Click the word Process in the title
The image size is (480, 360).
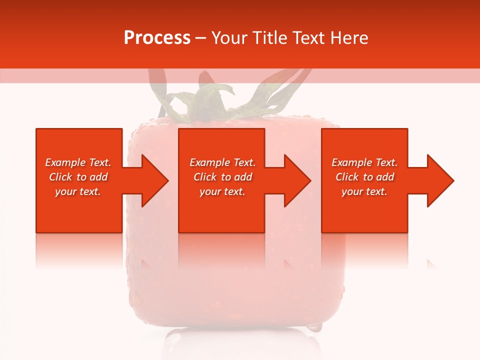(157, 38)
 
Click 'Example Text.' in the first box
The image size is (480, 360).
(78, 162)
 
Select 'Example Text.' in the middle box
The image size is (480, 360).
(222, 162)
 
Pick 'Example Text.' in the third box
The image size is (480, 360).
(364, 162)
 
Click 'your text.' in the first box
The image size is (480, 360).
(78, 191)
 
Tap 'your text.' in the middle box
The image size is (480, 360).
(222, 191)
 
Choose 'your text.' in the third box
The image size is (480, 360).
(364, 191)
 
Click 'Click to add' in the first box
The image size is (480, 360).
(78, 177)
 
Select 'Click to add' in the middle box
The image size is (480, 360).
(222, 177)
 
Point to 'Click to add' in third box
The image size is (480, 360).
(364, 177)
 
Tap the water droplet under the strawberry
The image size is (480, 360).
(314, 327)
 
